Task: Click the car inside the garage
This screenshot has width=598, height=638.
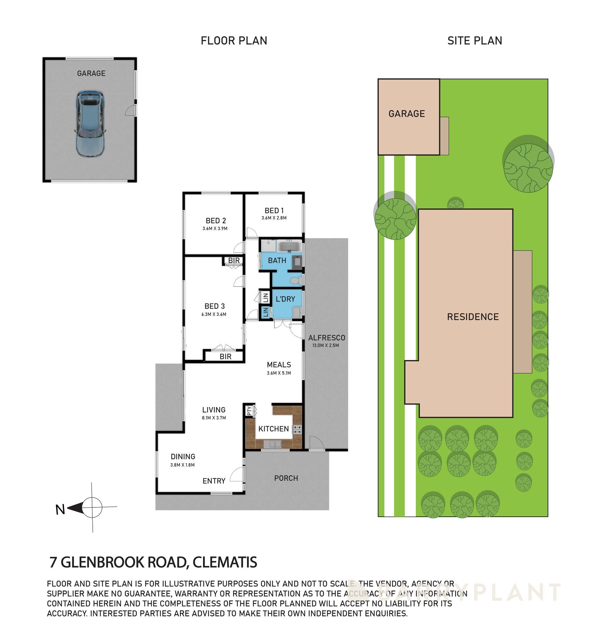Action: point(90,123)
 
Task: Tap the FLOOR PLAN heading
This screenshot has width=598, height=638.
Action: point(234,41)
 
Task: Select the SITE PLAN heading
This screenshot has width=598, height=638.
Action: point(474,41)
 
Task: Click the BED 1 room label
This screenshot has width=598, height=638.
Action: point(274,211)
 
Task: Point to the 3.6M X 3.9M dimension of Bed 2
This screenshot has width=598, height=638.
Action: point(215,229)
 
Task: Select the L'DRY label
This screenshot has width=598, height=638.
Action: point(285,299)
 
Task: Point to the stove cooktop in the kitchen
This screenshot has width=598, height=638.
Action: point(297,429)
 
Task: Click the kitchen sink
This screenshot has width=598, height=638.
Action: point(272,444)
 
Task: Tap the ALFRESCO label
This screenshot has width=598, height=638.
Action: point(326,338)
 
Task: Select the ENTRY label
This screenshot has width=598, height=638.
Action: point(214,481)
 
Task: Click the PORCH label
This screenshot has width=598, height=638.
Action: point(286,478)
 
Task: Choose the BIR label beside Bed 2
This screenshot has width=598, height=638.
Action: point(234,260)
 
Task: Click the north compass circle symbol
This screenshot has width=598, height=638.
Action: point(93,507)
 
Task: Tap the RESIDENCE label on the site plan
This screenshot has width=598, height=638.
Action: point(472,317)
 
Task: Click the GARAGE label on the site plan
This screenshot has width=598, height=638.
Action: point(406,114)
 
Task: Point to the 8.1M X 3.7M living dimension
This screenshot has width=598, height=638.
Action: point(214,418)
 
